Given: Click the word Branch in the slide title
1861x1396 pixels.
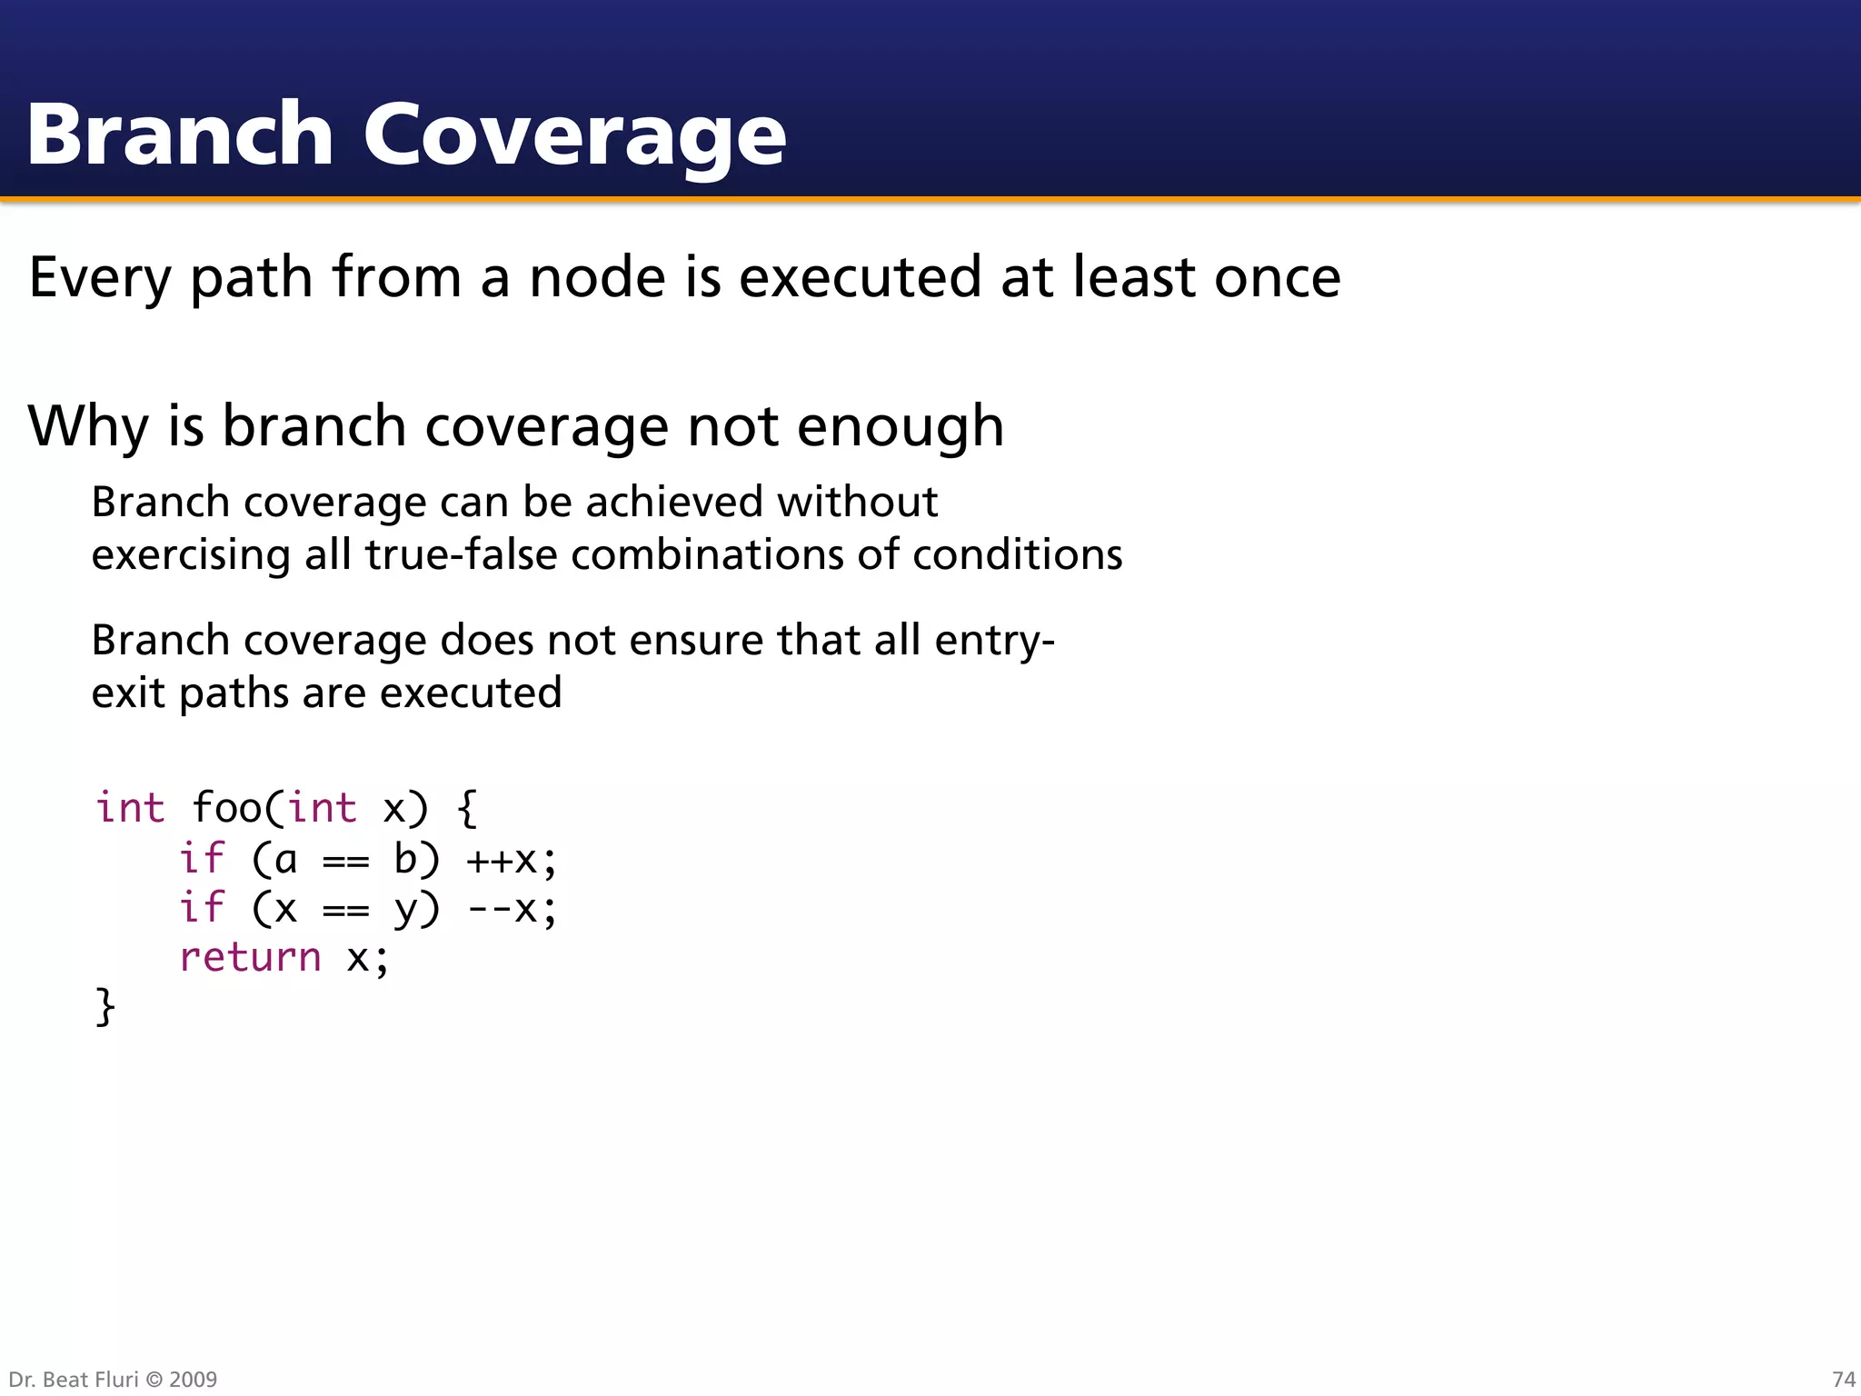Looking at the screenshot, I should pyautogui.click(x=180, y=135).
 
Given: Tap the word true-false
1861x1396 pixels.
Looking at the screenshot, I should pyautogui.click(x=461, y=555).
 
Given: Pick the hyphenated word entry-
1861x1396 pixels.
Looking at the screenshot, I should pyautogui.click(x=994, y=641).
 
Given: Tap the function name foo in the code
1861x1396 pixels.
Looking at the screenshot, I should pyautogui.click(x=226, y=808).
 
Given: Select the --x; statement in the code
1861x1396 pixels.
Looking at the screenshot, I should pyautogui.click(x=511, y=909).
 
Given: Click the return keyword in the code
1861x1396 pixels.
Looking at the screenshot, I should pyautogui.click(x=250, y=958).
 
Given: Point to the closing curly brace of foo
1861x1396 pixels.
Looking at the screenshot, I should pyautogui.click(x=105, y=1007).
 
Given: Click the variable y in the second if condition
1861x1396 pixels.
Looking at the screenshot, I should pyautogui.click(x=404, y=909).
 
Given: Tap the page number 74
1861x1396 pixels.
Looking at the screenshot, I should pyautogui.click(x=1843, y=1380).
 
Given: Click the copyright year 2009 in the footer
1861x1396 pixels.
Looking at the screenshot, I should pyautogui.click(x=193, y=1380).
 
